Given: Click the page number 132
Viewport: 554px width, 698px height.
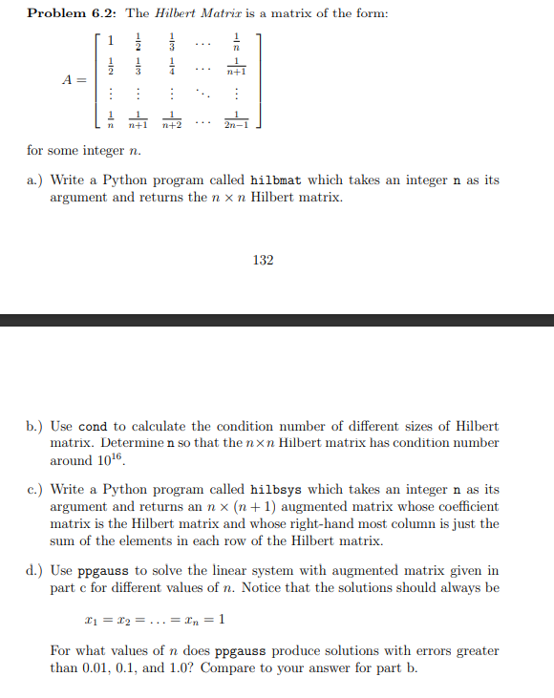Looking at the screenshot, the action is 264,260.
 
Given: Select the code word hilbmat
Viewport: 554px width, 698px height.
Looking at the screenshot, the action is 275,180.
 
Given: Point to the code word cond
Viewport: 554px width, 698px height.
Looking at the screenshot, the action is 92,426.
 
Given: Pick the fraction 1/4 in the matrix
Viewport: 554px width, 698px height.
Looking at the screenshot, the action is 171,68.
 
